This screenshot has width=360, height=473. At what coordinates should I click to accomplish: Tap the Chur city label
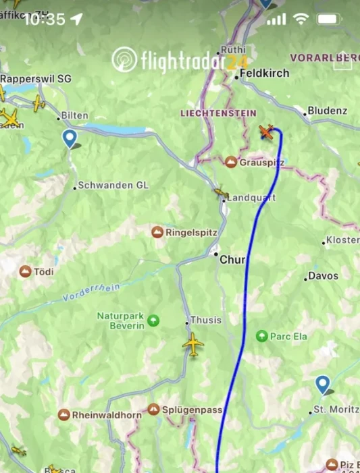(232, 259)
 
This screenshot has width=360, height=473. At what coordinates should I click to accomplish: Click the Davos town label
(323, 275)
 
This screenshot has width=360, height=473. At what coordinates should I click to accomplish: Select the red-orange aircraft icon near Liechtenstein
(268, 132)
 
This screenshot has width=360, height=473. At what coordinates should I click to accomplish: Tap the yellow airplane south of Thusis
(193, 345)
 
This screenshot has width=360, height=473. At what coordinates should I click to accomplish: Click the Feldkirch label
(265, 73)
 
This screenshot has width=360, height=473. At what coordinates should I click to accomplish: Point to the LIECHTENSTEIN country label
(209, 113)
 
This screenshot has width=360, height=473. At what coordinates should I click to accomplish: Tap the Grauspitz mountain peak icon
(231, 163)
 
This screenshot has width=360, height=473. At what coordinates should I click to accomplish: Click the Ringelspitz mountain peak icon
(157, 232)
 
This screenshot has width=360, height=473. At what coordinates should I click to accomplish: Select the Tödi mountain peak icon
(26, 271)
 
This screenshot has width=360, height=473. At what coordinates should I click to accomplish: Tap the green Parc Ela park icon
(262, 335)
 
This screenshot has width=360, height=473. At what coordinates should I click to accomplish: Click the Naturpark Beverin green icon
(153, 320)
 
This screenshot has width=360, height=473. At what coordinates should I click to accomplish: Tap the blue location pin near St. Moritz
(323, 385)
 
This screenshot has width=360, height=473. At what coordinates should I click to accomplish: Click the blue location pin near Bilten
(70, 138)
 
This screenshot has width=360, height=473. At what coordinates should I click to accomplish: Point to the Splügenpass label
(192, 410)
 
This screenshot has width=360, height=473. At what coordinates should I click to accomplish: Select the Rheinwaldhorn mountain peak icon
(64, 414)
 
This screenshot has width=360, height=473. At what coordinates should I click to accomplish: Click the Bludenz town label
(327, 111)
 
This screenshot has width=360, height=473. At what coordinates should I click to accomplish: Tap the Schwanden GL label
(113, 185)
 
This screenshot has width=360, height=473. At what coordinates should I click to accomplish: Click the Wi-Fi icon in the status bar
(301, 19)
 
